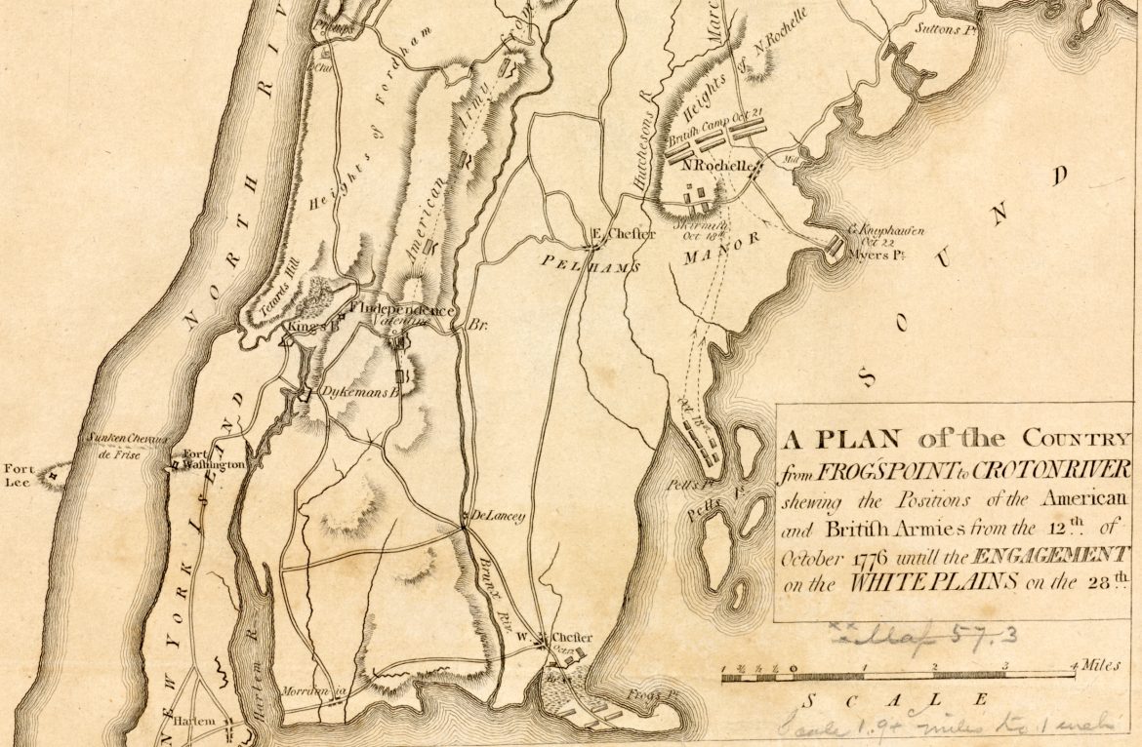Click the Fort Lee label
click(x=20, y=474)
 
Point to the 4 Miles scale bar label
click(x=1094, y=665)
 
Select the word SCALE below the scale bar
click(x=893, y=700)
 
